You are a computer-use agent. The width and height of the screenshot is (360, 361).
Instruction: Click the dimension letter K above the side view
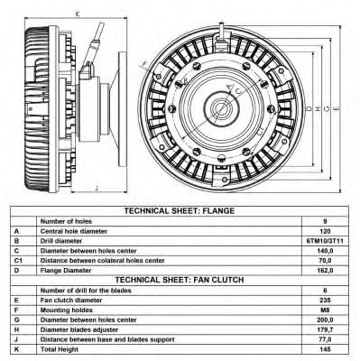pyautogui.click(x=78, y=14)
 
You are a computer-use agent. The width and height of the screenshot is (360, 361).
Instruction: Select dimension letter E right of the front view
pyautogui.click(x=337, y=108)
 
